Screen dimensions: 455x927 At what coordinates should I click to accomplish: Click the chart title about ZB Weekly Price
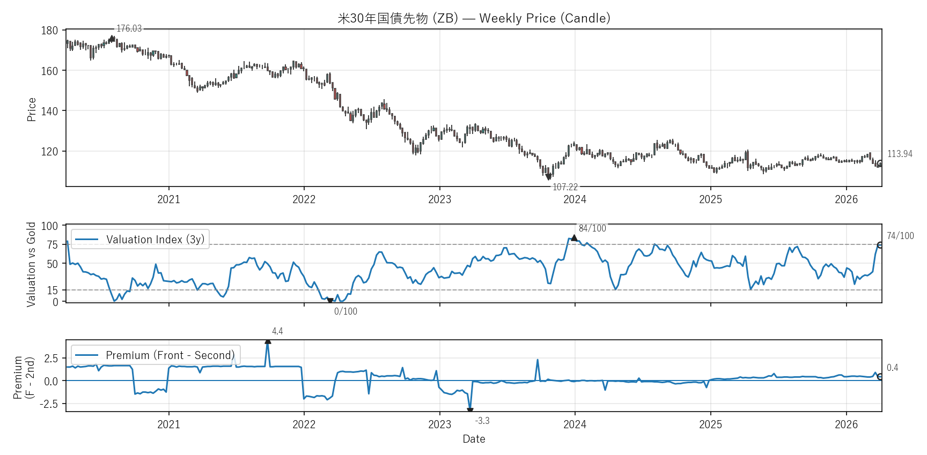point(474,18)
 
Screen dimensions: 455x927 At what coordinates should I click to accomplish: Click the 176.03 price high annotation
point(129,28)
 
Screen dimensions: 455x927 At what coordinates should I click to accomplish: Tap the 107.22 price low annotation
point(565,187)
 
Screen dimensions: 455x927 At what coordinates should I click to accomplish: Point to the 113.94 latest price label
point(900,154)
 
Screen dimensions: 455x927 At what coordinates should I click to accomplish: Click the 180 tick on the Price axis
point(49,31)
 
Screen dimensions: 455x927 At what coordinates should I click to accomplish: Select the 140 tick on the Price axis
point(49,111)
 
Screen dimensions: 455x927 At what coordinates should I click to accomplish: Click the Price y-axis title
point(32,109)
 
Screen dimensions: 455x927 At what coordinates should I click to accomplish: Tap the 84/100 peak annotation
point(592,228)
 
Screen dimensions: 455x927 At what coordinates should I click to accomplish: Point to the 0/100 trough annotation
point(345,311)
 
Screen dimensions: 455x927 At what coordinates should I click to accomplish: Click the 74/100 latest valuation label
point(900,236)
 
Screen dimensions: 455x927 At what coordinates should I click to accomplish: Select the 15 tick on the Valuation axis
point(52,290)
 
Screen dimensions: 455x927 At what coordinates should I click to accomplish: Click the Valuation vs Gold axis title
point(31,264)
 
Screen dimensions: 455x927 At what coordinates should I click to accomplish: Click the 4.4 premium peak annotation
point(277,331)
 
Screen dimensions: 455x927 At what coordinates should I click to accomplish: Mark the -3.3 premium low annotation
point(482,421)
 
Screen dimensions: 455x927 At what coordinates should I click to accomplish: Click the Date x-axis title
point(474,439)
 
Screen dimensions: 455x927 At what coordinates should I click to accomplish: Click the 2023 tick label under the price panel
point(439,199)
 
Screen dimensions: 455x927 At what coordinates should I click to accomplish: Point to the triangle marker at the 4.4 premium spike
point(268,341)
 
